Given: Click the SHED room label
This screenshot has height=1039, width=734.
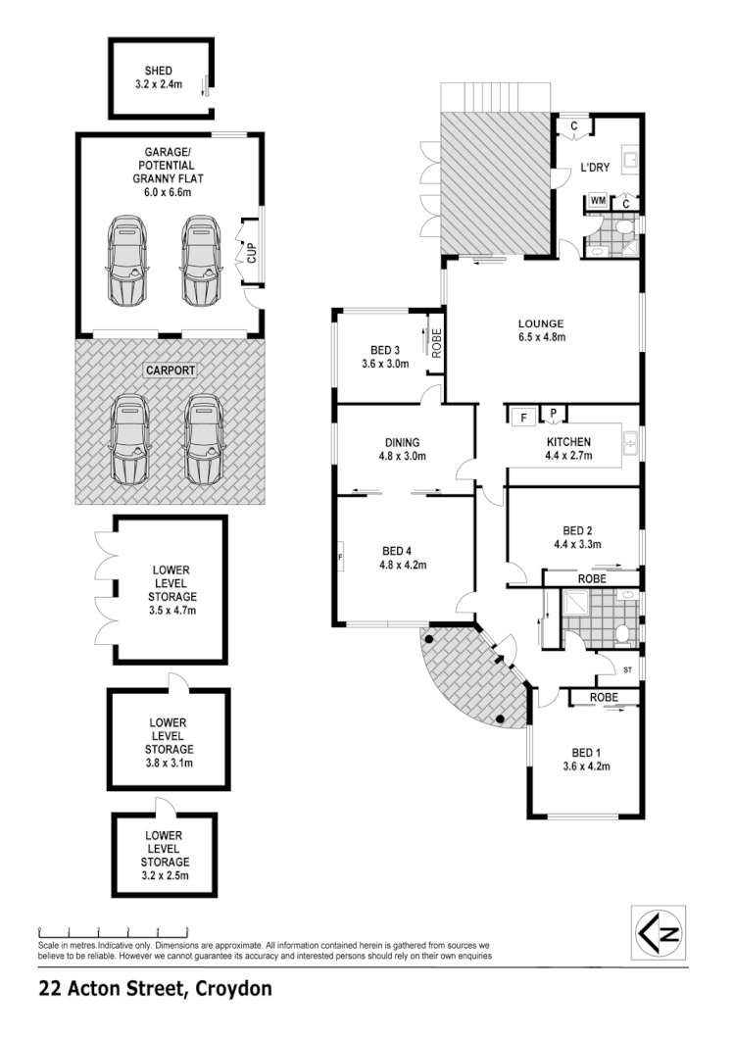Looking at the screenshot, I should [159, 71].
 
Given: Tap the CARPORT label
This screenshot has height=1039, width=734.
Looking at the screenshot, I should [171, 371].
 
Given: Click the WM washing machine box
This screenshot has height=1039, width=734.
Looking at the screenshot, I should [597, 202].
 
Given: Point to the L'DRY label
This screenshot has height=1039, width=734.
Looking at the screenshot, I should [595, 168].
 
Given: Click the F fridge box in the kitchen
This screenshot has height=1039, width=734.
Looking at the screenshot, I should [523, 416].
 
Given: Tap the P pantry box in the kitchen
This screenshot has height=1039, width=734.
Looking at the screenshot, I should [553, 413].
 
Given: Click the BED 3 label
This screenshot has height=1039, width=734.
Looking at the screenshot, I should [385, 350].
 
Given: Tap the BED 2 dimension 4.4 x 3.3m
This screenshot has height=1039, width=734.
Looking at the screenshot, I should [576, 544].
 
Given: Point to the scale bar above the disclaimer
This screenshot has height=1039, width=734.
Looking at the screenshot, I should [113, 930].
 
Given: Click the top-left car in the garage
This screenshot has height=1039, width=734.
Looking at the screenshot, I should [127, 262].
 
